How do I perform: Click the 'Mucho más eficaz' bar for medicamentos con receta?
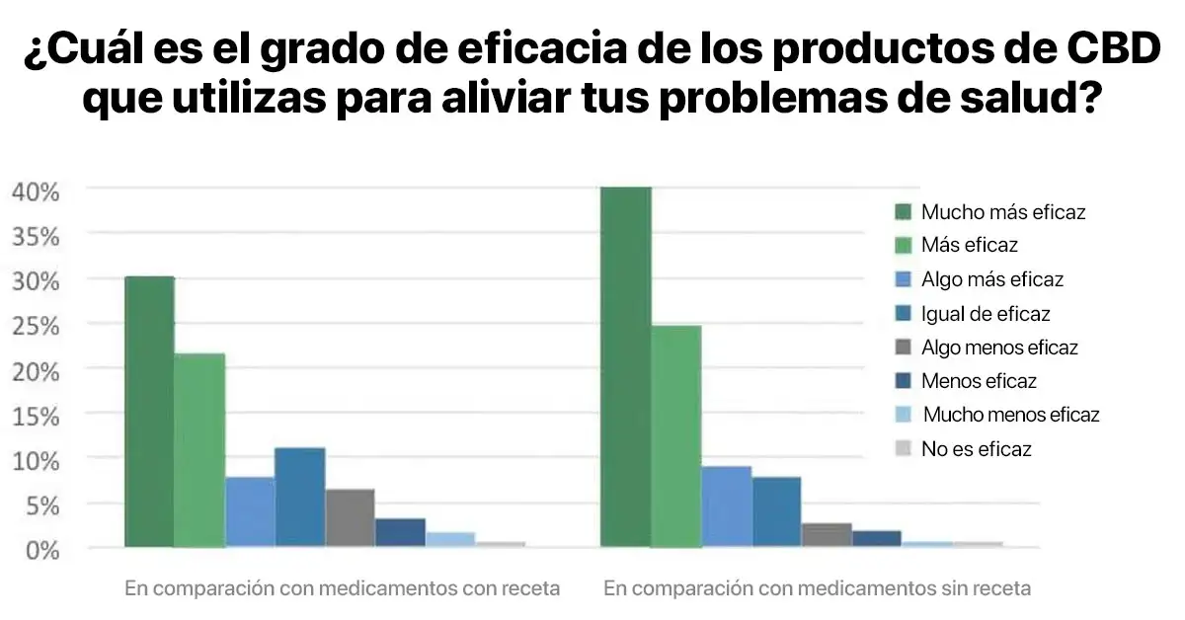(x=149, y=412)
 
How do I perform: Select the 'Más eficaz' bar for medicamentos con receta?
(x=199, y=450)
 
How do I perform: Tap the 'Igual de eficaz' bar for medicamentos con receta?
(x=300, y=498)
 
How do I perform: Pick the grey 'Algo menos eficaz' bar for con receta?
(x=350, y=518)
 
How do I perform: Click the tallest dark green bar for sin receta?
(x=626, y=366)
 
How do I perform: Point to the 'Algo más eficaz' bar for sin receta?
(x=726, y=506)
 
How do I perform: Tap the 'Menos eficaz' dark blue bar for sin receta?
(x=877, y=539)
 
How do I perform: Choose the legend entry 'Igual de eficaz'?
(x=986, y=314)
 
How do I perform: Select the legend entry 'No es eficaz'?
(x=976, y=449)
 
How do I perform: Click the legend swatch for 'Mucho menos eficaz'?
(x=903, y=415)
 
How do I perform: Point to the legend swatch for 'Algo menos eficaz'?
(x=903, y=348)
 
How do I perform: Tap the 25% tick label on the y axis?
(x=36, y=326)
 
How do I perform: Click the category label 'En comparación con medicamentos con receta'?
(x=342, y=588)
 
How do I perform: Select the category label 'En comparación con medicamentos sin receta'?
(x=817, y=588)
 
